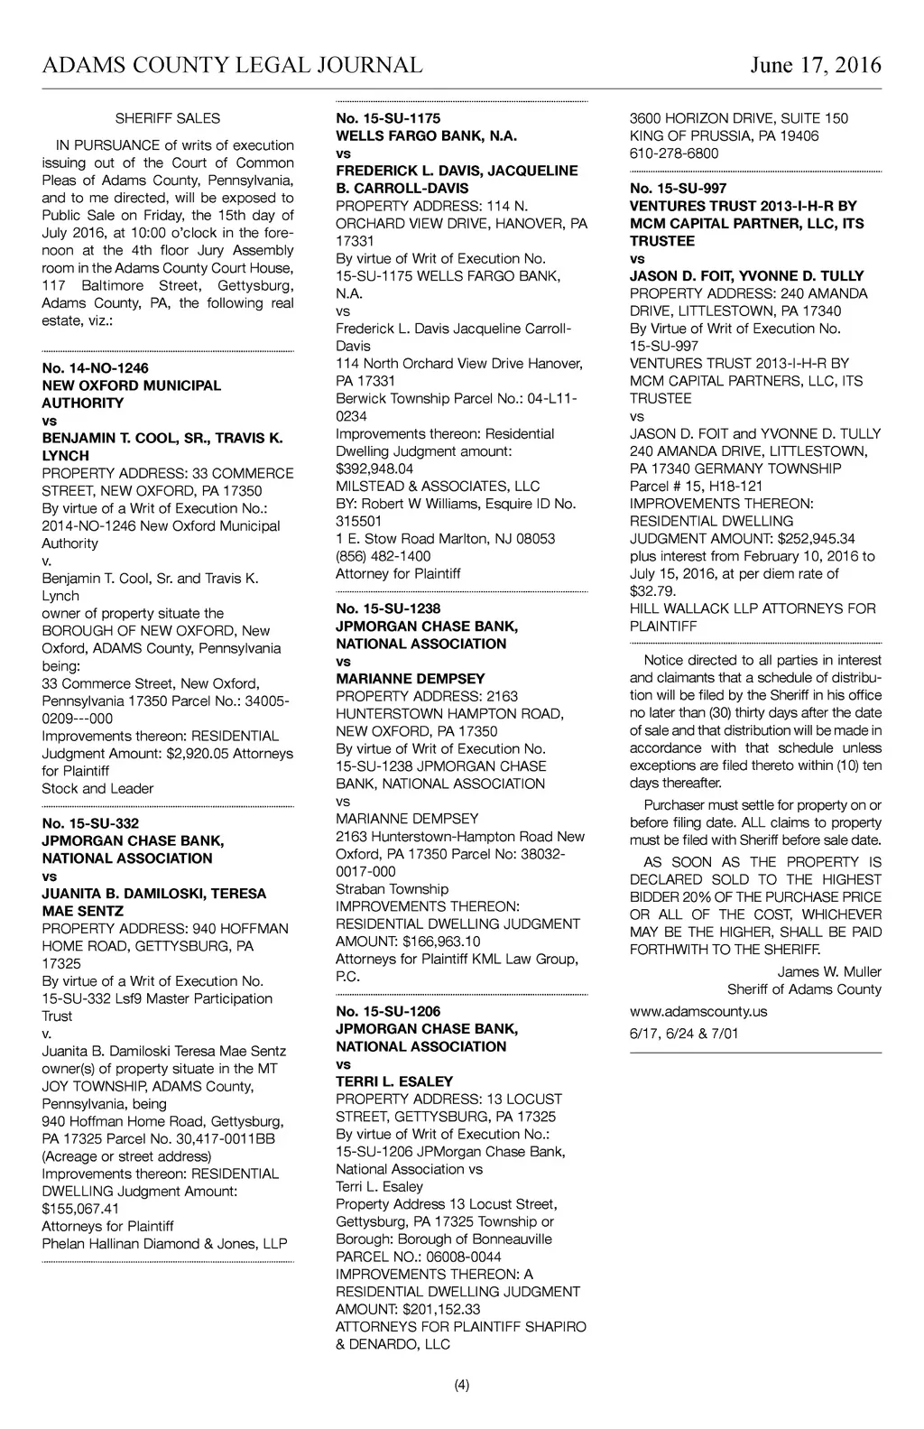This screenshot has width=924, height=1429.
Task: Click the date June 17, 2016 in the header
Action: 815,65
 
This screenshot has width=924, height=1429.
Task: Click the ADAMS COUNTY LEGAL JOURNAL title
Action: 232,65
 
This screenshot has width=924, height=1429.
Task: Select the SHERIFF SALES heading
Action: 168,118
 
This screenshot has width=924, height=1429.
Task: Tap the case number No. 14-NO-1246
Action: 95,367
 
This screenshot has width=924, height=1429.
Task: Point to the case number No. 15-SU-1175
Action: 388,118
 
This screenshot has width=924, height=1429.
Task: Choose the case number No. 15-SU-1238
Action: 388,608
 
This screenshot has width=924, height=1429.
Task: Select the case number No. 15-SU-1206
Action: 388,1011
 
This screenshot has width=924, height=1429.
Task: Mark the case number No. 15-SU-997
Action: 678,188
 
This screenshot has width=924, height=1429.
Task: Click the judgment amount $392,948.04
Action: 374,469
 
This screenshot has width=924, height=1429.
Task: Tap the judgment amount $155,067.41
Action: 80,1209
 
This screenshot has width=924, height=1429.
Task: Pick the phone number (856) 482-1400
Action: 383,556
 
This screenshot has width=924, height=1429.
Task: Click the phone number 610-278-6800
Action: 674,153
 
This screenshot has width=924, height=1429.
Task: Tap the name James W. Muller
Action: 829,971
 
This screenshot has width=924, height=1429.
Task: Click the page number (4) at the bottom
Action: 462,1386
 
